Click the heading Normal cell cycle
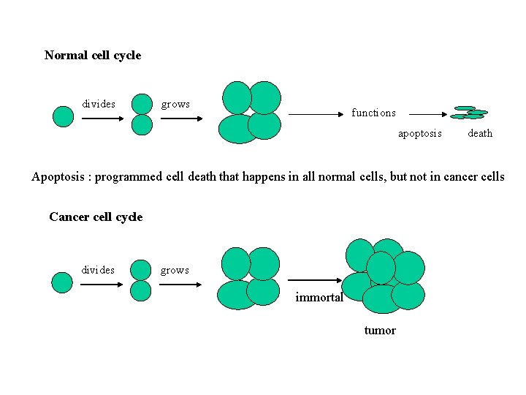click(x=93, y=56)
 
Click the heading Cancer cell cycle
click(x=96, y=217)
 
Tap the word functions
click(x=373, y=113)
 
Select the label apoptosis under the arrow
click(x=419, y=133)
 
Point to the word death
click(x=480, y=133)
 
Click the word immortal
click(x=319, y=297)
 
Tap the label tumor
click(x=380, y=331)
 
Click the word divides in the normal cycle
click(x=99, y=104)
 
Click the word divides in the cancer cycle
click(x=98, y=270)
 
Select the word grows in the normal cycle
click(x=175, y=104)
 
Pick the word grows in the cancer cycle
click(x=175, y=270)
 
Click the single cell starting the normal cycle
click(x=64, y=116)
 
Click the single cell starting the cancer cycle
click(x=63, y=282)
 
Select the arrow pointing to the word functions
click(x=316, y=114)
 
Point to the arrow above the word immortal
click(x=316, y=280)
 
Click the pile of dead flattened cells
click(x=468, y=113)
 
